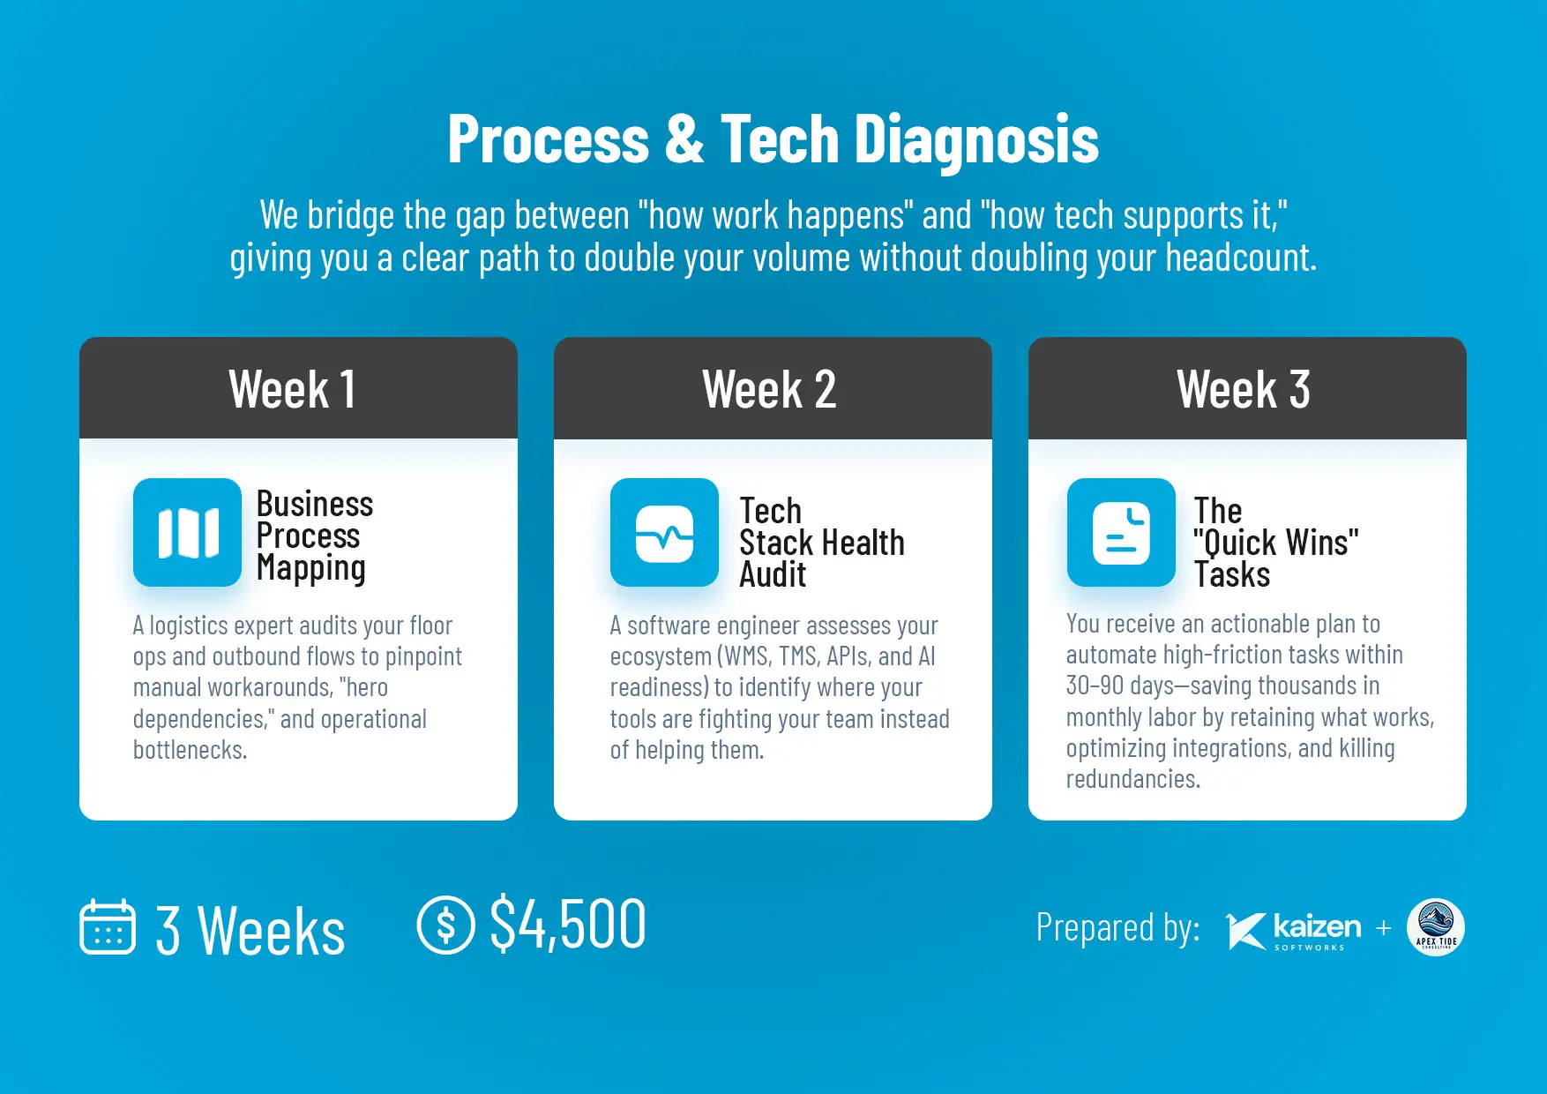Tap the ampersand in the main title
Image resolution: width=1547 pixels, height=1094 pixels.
click(684, 139)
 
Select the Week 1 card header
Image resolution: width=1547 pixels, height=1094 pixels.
click(298, 388)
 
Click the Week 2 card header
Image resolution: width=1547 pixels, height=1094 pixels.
click(773, 388)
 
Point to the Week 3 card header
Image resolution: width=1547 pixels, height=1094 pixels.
click(1247, 388)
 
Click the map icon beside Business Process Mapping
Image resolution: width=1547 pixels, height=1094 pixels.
click(187, 533)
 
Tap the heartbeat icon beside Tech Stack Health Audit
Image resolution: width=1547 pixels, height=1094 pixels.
click(664, 533)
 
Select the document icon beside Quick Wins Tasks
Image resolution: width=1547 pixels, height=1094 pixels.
click(1121, 533)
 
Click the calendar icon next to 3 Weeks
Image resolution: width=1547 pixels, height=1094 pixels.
click(108, 926)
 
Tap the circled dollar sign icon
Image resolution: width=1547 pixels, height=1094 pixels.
click(445, 925)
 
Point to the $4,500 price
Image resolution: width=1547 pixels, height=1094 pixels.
click(568, 924)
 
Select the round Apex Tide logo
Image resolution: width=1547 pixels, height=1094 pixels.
click(1436, 927)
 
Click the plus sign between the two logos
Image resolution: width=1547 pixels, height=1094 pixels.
click(1383, 927)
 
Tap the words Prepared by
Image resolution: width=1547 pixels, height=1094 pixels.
click(1117, 928)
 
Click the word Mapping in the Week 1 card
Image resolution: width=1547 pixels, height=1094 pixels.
click(310, 569)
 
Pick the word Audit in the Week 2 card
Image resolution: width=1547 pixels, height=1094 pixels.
click(773, 574)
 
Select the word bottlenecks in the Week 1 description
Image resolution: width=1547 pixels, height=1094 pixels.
click(190, 750)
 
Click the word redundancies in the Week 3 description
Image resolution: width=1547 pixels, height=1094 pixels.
click(1133, 779)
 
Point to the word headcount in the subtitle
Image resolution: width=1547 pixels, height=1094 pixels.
click(1241, 259)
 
